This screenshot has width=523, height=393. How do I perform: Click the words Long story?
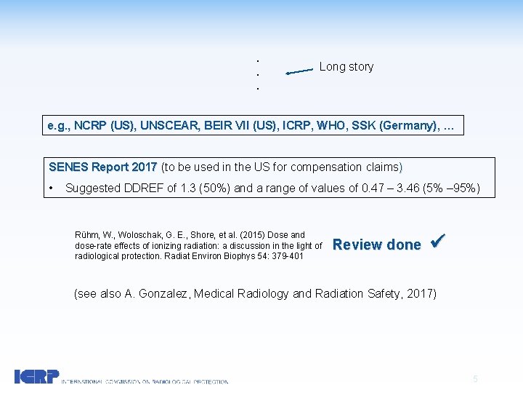[346, 67]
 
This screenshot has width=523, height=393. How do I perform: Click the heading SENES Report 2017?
[104, 167]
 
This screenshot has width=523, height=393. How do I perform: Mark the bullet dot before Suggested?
[52, 188]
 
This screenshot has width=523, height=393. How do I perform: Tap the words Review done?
[376, 245]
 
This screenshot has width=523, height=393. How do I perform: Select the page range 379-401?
[287, 256]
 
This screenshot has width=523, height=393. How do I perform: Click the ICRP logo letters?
[36, 376]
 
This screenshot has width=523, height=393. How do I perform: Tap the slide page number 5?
[475, 378]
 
